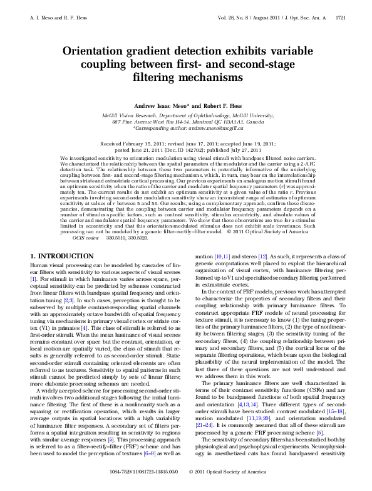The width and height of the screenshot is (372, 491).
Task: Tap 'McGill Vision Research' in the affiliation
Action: [x=131, y=115]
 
